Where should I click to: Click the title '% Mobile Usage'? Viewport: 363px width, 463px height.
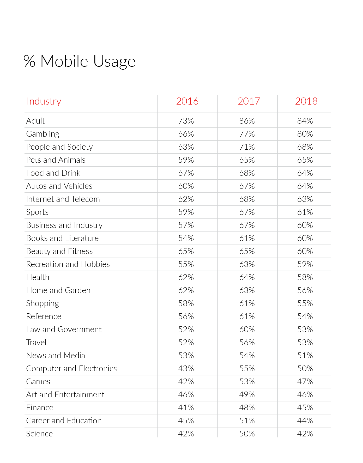[80, 61]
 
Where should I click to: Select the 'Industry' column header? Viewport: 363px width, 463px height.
[44, 101]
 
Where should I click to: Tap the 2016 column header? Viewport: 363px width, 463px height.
[187, 101]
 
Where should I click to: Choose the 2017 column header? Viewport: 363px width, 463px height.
[249, 101]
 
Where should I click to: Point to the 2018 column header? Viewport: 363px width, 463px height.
[306, 101]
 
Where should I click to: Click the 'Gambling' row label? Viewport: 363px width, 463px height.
[43, 134]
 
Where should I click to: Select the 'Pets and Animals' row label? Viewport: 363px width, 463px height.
[56, 160]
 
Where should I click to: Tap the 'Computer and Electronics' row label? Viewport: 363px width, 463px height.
[71, 369]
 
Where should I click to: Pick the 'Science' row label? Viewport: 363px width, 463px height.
[39, 434]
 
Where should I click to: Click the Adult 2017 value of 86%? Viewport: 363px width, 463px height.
[247, 121]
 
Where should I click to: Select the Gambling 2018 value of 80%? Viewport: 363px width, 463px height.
[305, 134]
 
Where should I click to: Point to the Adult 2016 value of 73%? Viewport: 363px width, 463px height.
[186, 121]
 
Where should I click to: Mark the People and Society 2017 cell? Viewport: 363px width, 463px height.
[247, 147]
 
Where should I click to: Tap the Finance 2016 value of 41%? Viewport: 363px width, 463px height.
[186, 408]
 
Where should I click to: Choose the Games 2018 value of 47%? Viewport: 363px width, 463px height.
[305, 382]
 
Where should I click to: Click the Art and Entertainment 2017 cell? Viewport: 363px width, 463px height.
[247, 395]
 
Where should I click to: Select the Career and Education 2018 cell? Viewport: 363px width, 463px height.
[305, 421]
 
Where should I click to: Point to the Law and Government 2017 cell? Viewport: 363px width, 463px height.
[247, 330]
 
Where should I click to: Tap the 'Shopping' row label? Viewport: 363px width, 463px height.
[43, 303]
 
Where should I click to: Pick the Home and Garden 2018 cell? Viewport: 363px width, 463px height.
[305, 290]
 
